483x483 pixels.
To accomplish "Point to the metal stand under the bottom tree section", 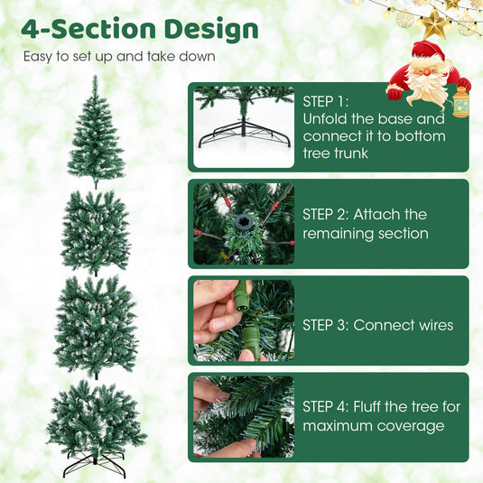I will coord(95,464).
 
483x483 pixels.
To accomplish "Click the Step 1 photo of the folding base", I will coord(244,126).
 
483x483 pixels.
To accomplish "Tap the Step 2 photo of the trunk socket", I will coord(244,224).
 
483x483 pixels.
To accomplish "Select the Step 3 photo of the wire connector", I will coord(244,320).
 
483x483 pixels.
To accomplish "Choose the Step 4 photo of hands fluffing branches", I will coord(244,417).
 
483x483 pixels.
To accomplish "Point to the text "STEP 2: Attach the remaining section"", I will coord(365,224).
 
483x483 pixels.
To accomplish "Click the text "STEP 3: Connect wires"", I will coord(377,325).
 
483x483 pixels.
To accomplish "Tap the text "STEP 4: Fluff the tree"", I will coord(381,407).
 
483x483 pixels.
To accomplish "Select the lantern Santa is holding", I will coord(460,102).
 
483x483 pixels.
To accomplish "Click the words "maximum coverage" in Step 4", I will coord(373,426).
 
